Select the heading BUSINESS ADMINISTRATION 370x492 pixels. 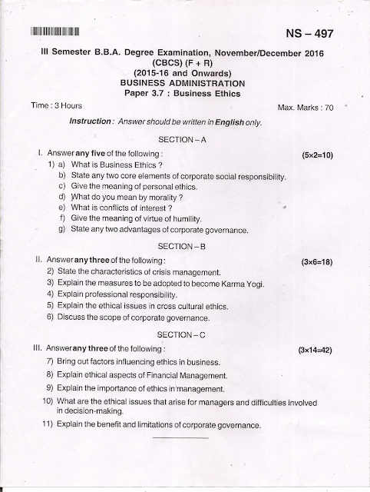(x=183, y=82)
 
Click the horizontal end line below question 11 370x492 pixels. (x=180, y=439)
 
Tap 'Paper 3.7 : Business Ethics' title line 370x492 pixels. (x=183, y=93)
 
